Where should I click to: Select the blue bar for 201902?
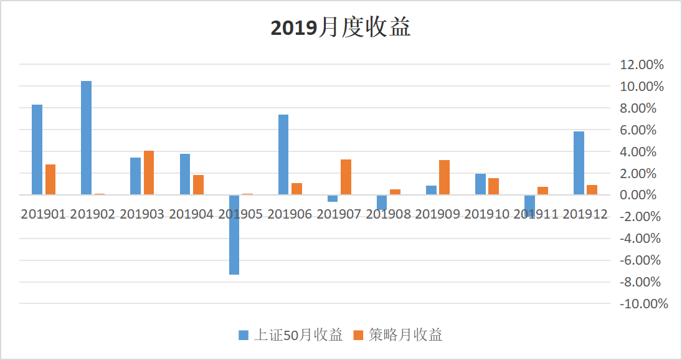tap(86, 138)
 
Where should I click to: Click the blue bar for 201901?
tap(37, 149)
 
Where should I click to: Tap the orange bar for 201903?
tap(149, 173)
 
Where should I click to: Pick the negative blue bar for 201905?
tap(234, 235)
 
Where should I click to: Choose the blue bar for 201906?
tap(283, 154)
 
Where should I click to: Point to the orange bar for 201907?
tap(346, 177)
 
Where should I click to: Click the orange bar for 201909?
tap(444, 178)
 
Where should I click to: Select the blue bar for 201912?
tap(579, 163)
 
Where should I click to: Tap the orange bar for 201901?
tap(50, 179)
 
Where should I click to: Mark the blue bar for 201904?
tap(185, 174)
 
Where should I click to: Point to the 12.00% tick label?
tap(642, 65)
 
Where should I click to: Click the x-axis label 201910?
tap(486, 214)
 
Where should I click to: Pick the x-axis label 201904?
tap(191, 214)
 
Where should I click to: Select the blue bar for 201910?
tap(480, 184)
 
